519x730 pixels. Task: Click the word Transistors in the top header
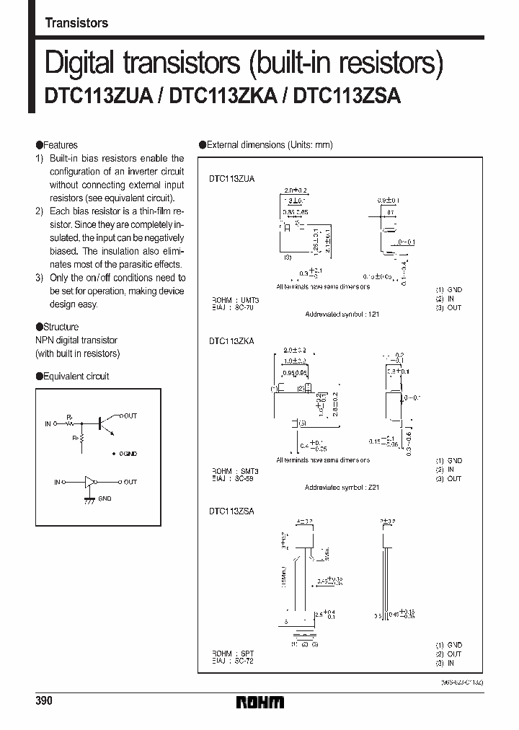76,23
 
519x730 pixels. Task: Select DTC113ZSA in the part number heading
351,97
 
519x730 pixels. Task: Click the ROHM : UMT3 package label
234,299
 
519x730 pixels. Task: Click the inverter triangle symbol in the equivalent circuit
90,481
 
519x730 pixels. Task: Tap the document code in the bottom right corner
461,682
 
